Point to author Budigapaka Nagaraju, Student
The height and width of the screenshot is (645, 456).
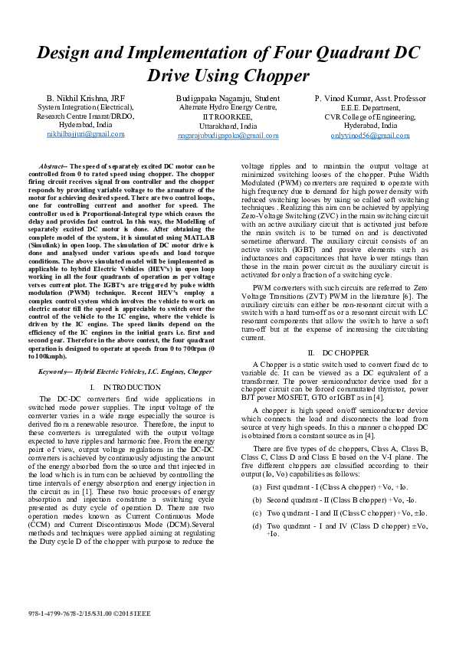click(x=228, y=100)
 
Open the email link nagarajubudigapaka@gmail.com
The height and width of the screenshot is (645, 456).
click(x=228, y=135)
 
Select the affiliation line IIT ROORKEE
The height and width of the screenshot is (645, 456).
click(x=228, y=116)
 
